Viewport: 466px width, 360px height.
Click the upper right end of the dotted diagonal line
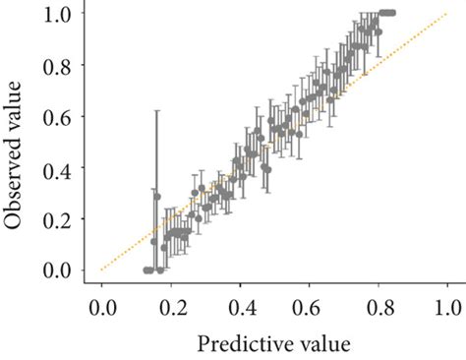(x=447, y=14)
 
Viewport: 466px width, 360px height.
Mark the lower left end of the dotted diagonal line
(x=101, y=270)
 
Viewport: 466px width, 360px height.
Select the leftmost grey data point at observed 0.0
(x=146, y=270)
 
